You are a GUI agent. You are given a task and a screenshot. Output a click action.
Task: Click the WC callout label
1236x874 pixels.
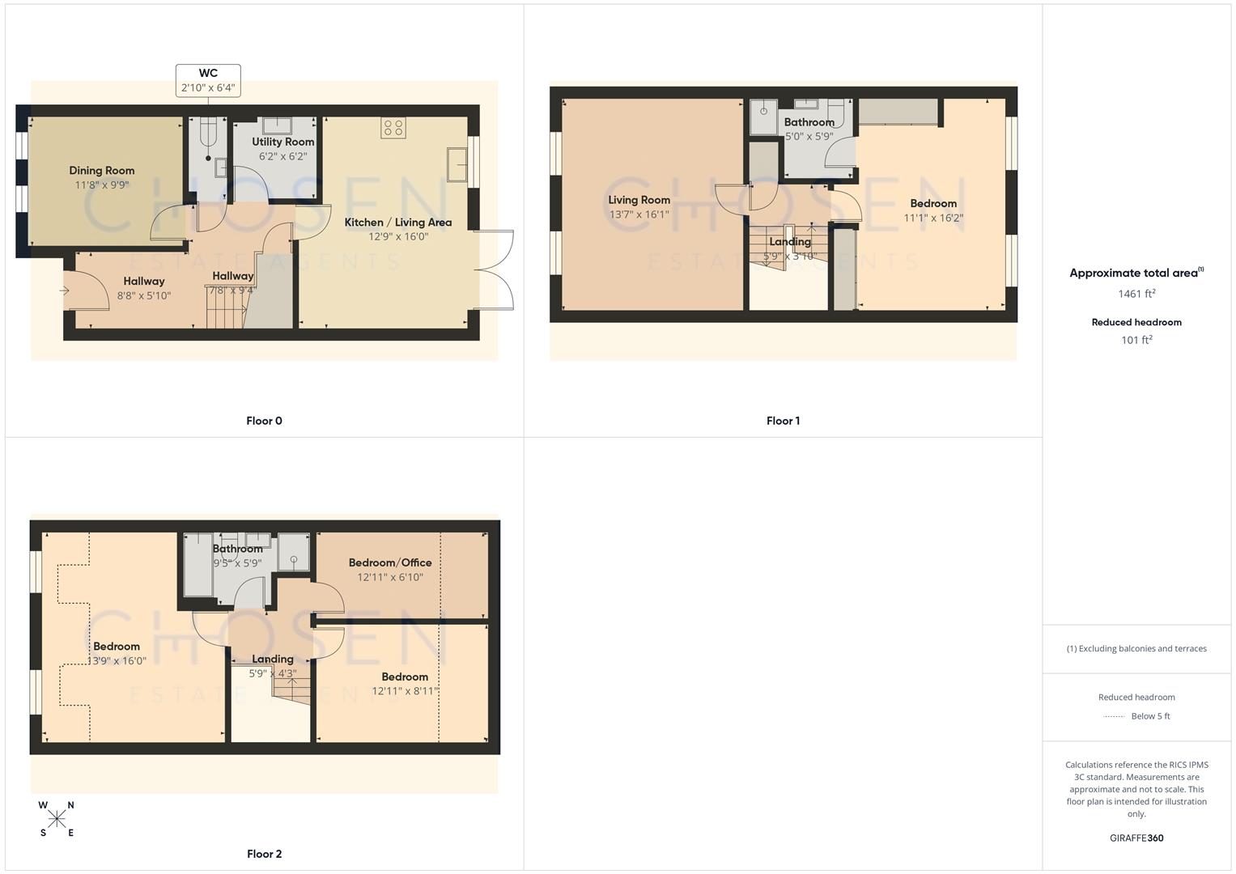click(208, 80)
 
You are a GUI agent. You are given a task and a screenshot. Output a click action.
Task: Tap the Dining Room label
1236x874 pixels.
click(102, 171)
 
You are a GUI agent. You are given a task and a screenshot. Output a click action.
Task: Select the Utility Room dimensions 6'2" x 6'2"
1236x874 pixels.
click(282, 156)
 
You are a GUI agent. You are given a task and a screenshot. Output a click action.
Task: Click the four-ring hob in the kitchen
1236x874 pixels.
click(393, 128)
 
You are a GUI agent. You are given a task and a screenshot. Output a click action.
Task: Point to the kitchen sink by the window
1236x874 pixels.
click(456, 165)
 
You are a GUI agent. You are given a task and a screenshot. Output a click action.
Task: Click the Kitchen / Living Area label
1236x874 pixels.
click(398, 223)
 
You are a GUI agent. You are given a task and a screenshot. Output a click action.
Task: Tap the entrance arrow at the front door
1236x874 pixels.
click(65, 291)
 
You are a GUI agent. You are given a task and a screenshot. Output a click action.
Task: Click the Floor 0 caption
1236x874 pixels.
click(264, 421)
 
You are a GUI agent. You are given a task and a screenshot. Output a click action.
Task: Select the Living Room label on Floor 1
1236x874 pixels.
click(639, 200)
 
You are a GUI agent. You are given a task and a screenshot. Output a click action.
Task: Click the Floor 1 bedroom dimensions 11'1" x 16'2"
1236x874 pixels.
click(933, 218)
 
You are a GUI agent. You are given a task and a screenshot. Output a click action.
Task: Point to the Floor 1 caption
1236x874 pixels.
click(783, 421)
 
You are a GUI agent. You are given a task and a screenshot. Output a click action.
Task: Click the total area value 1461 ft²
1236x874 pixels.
click(1136, 294)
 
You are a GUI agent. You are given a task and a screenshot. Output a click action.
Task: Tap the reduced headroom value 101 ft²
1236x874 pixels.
click(1136, 340)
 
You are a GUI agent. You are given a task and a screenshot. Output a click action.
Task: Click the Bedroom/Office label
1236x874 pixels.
click(390, 562)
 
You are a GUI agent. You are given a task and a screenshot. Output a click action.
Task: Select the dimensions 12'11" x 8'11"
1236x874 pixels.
click(405, 691)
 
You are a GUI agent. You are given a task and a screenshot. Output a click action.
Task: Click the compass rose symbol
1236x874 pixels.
click(57, 819)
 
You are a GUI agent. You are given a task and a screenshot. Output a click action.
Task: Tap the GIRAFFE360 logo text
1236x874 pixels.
click(1136, 838)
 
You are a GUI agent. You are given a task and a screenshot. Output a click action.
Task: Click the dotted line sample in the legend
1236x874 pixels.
click(1114, 716)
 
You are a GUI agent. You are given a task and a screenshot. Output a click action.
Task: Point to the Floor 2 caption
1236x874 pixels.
click(264, 854)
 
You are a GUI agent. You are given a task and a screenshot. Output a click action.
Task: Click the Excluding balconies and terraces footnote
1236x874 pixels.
click(1136, 648)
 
